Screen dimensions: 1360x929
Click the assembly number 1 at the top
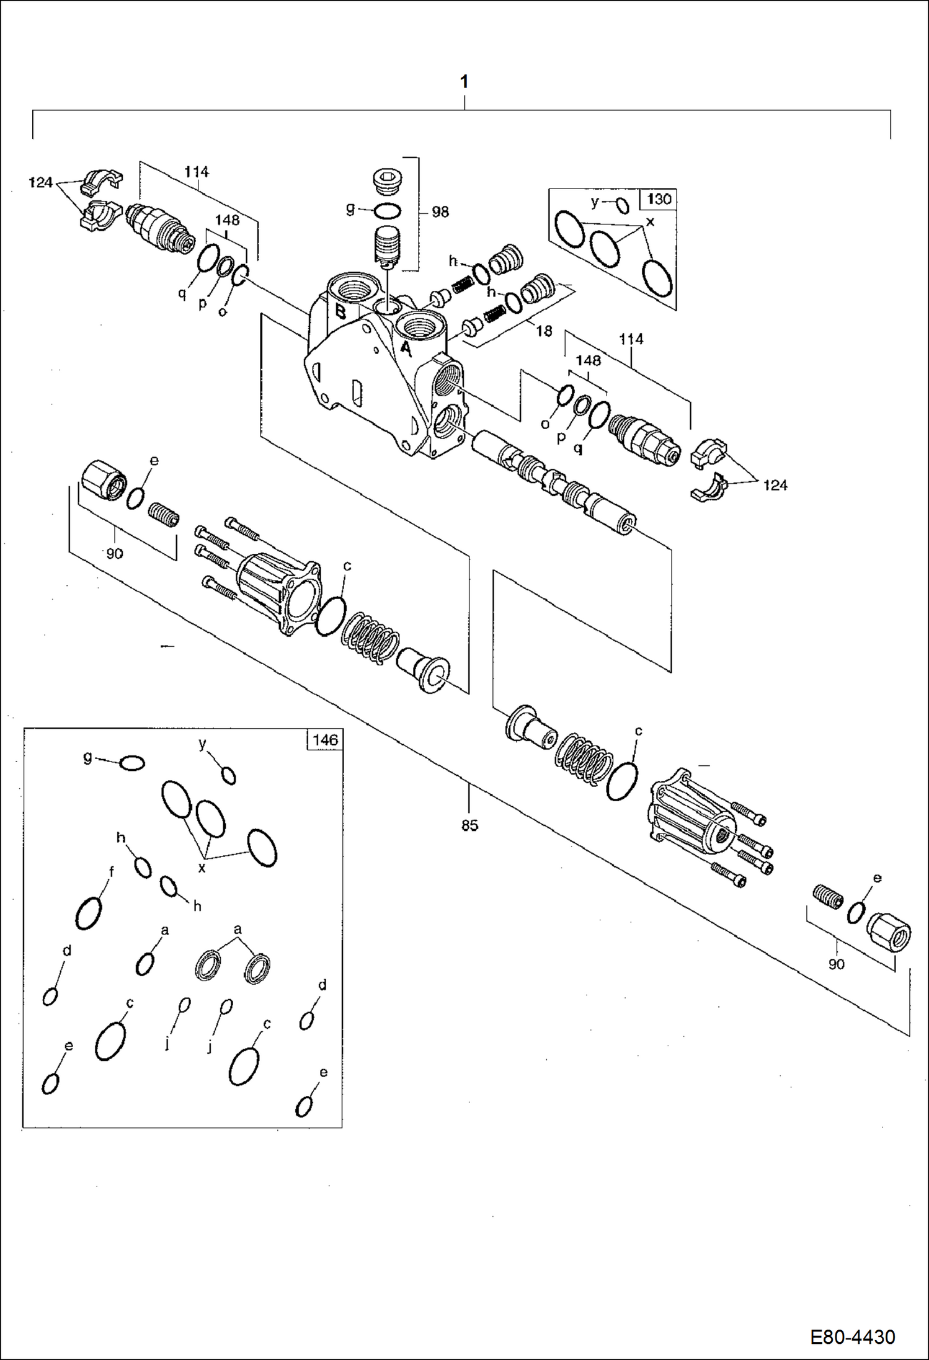coord(464,81)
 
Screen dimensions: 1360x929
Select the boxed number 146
coord(324,740)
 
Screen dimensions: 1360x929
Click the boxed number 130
coord(659,199)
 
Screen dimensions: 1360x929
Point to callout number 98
coord(440,212)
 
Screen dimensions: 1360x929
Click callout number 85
coord(469,825)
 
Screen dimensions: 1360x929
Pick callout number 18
coord(544,331)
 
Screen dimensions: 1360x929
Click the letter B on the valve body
coord(340,312)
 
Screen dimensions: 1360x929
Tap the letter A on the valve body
coord(405,349)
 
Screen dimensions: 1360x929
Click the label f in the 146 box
coord(111,872)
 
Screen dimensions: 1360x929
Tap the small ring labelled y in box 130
coord(622,205)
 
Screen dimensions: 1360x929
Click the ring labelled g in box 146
coord(131,763)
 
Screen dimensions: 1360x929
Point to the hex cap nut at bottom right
coord(889,930)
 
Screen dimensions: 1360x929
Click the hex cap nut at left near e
coord(104,481)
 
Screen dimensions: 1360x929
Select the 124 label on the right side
coord(775,485)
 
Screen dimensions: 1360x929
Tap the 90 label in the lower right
coord(836,964)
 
